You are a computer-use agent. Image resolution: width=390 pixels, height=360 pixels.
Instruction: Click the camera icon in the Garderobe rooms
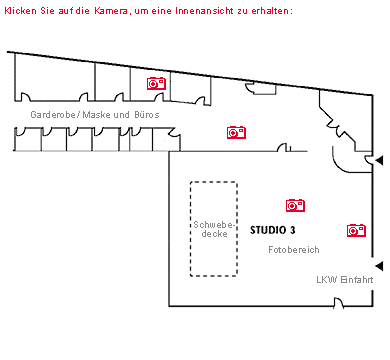point(156,84)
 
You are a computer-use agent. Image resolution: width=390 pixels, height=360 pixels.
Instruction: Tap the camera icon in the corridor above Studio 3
point(236,131)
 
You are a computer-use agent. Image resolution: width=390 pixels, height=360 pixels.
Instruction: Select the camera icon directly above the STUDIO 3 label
point(295,205)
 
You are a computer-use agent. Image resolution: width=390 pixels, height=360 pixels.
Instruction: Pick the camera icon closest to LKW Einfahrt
point(355,230)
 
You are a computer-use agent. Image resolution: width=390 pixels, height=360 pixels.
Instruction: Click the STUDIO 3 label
point(272,229)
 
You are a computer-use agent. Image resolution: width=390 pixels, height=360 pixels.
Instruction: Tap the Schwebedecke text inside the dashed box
point(214,228)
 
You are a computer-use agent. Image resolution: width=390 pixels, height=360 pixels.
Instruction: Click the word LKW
point(326,279)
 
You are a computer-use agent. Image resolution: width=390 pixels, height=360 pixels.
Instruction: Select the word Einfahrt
point(357,279)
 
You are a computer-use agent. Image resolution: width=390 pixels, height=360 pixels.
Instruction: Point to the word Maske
point(98,115)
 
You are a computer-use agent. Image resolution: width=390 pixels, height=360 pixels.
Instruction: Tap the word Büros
point(146,115)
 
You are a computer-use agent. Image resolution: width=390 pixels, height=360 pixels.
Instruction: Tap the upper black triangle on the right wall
point(378,160)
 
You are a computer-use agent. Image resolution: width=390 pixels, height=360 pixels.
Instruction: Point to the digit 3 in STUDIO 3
point(293,229)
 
